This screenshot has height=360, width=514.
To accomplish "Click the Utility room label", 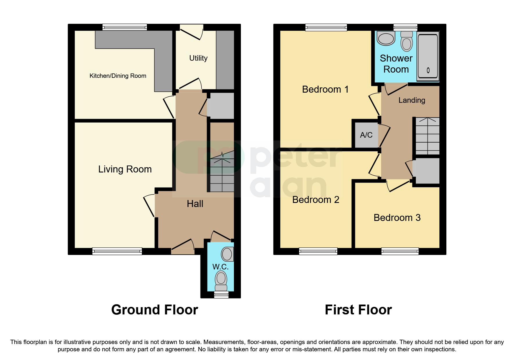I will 198,58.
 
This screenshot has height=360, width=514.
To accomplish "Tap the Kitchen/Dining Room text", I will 118,76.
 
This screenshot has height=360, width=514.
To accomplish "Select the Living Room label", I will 125,169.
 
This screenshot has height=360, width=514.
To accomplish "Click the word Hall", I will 195,204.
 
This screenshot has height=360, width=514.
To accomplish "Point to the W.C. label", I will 220,267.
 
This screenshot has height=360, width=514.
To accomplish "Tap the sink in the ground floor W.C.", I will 227,254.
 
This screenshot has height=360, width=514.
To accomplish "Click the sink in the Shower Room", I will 386,39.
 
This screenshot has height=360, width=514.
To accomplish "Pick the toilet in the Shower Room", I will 406,42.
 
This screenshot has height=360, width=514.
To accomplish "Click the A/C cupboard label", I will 366,135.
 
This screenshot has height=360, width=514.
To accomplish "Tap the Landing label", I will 412,100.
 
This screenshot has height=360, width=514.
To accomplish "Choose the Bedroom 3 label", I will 397,218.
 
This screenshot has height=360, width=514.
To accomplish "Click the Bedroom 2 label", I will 315,200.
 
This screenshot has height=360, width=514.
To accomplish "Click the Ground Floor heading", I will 154,310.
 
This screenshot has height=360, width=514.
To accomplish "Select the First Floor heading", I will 358,310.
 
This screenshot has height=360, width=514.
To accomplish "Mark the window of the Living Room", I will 117,251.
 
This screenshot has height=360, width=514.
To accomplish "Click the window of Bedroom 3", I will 400,251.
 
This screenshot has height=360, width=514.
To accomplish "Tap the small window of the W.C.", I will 221,295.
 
